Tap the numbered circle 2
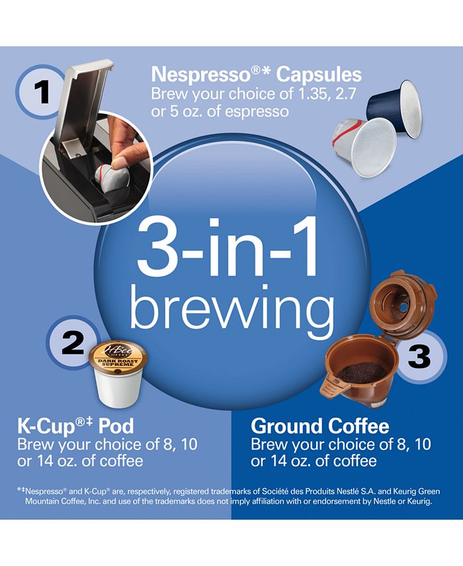point(72,342)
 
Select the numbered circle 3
point(417,356)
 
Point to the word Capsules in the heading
point(319,75)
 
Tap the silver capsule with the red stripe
point(362,146)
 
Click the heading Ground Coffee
point(320,426)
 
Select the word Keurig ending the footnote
point(421,501)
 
